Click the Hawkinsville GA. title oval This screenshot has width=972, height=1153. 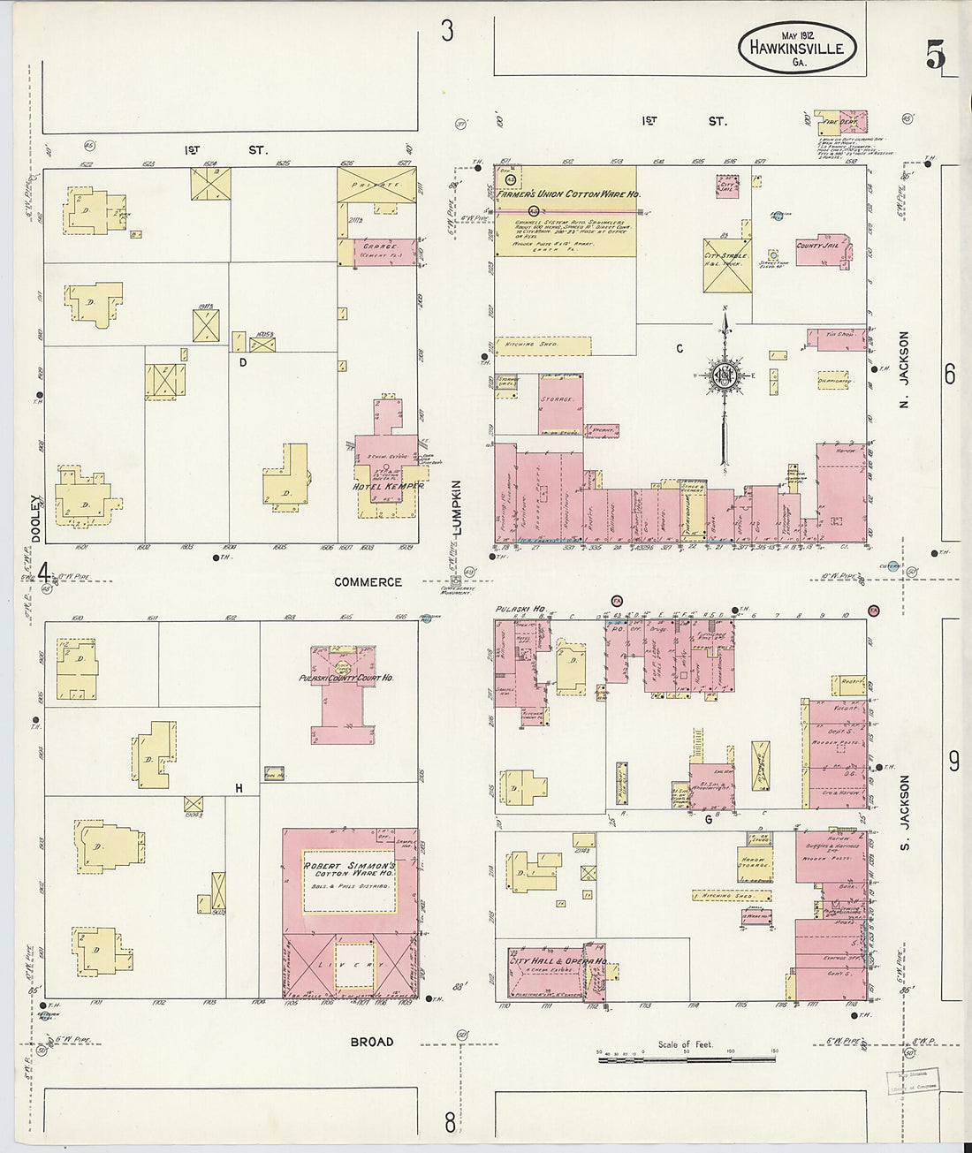click(797, 48)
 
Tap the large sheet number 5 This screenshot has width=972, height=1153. click(935, 56)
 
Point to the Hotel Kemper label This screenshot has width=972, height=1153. click(389, 486)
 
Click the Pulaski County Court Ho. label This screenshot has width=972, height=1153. click(346, 679)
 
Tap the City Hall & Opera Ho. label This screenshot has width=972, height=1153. click(558, 961)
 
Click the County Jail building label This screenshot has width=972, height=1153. click(817, 246)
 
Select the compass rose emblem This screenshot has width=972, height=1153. click(724, 375)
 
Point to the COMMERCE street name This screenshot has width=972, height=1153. click(368, 582)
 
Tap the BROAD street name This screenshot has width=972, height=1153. click(371, 1042)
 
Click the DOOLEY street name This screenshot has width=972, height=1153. click(36, 518)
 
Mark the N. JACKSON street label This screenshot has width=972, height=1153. click(903, 360)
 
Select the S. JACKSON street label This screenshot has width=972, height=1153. click(904, 804)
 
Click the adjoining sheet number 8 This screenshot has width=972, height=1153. click(450, 1122)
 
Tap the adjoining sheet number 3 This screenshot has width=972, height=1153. click(447, 32)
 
